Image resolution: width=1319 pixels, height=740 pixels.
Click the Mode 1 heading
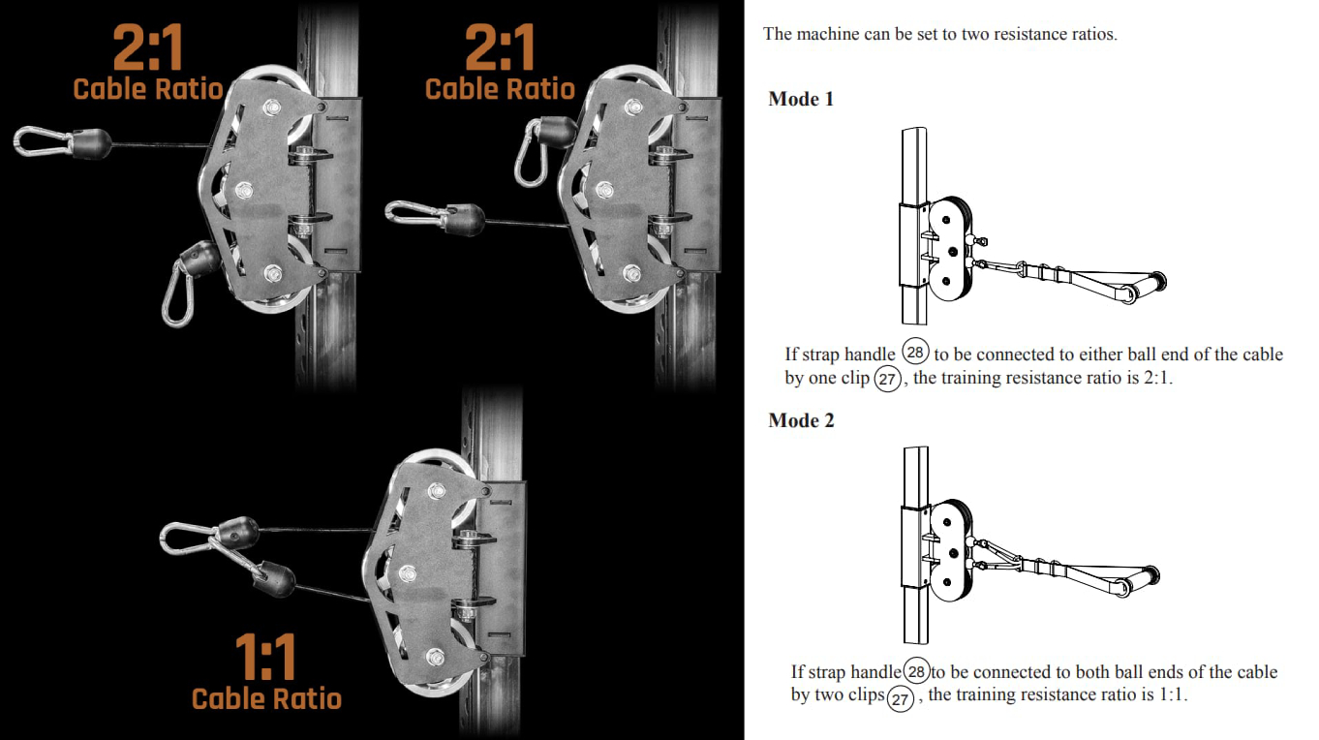[801, 99]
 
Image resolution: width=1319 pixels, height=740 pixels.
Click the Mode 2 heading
[802, 420]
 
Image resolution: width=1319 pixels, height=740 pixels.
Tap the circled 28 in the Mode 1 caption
[915, 352]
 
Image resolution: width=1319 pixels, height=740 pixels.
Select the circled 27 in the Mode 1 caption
[887, 379]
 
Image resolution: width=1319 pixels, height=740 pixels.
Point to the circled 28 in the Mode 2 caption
[916, 671]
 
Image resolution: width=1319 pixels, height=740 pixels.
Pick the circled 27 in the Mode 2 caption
[900, 698]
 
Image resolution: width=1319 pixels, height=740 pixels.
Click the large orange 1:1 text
[265, 657]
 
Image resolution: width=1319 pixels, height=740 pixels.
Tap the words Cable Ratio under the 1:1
[266, 698]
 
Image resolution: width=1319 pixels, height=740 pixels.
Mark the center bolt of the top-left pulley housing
[244, 190]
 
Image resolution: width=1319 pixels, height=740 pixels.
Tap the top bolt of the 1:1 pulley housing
[437, 490]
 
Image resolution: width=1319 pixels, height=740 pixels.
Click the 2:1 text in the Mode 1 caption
[1156, 378]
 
